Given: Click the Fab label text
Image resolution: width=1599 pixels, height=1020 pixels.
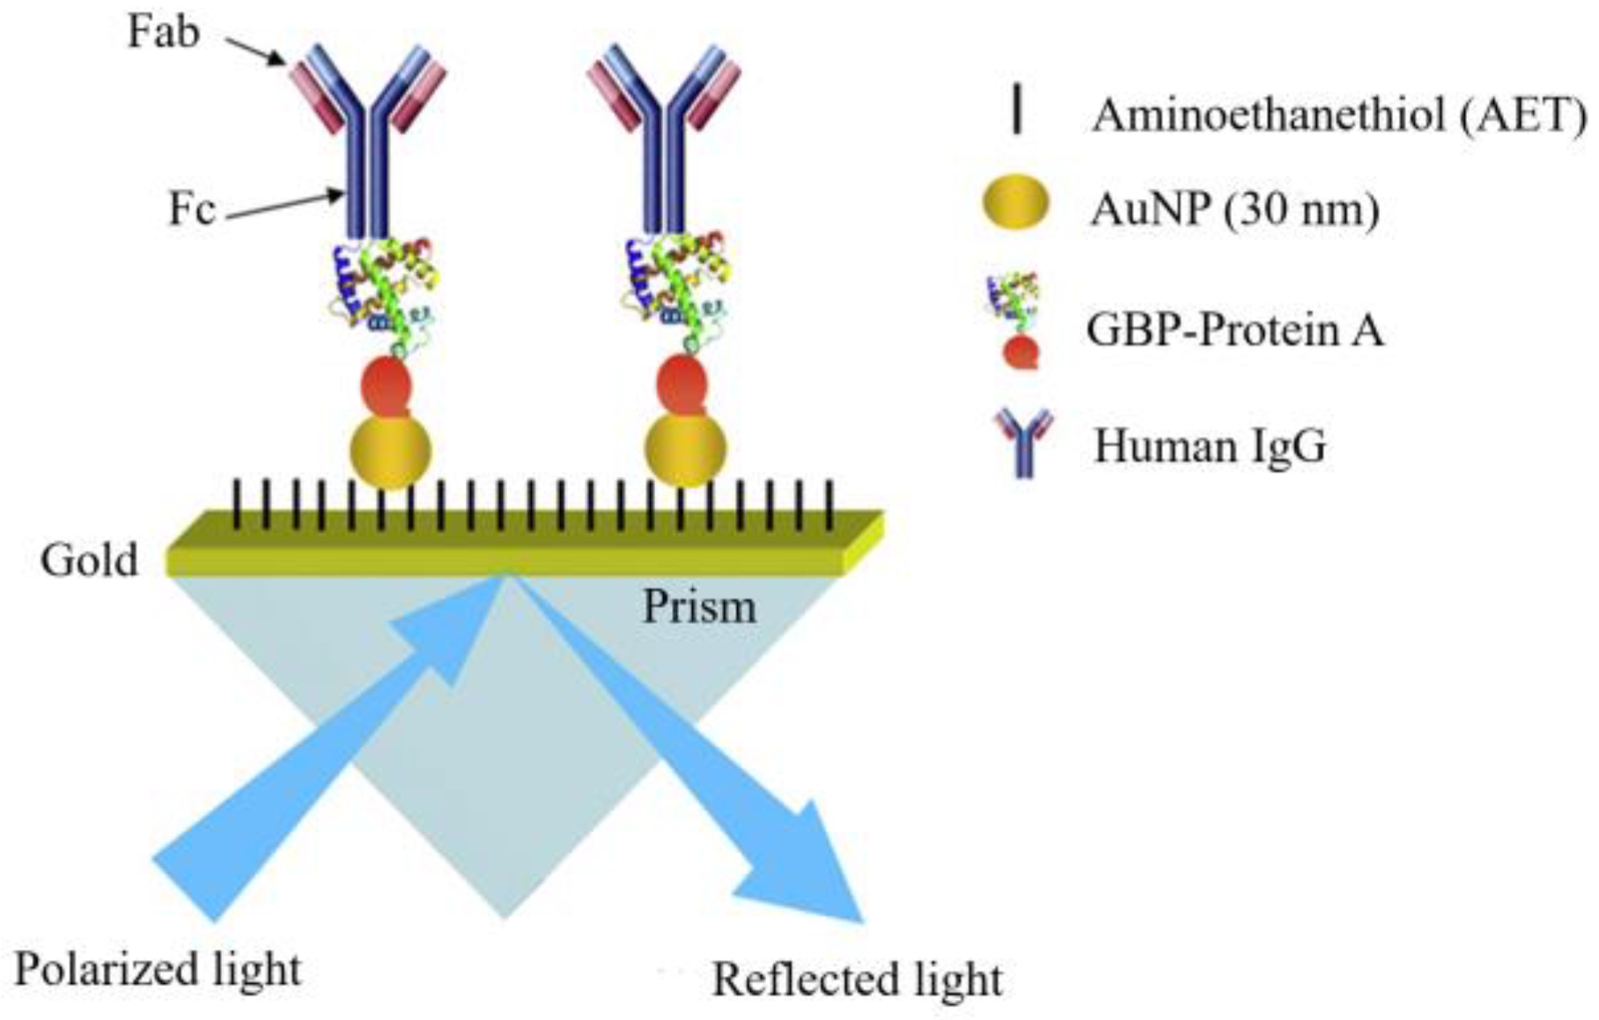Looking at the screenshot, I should tap(164, 33).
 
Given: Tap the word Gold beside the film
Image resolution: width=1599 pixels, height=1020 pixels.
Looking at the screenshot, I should tap(90, 560).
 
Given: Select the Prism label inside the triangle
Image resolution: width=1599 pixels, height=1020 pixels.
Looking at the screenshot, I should tap(699, 606).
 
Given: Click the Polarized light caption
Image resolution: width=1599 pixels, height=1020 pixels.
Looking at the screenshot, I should tap(158, 970).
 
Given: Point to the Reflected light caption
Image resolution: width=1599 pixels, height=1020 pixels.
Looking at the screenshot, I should tap(857, 980).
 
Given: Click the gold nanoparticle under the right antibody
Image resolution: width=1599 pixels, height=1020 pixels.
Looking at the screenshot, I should tap(685, 449).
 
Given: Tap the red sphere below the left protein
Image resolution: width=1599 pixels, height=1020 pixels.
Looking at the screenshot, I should tap(386, 387).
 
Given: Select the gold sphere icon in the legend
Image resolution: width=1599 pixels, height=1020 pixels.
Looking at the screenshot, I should tap(1016, 204).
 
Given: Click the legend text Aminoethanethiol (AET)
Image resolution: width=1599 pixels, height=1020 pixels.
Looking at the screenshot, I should tap(1338, 115).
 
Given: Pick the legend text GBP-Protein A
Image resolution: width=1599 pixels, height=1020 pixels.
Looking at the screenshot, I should tap(1235, 331).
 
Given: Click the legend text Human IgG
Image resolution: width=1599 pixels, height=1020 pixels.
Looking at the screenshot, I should tap(1210, 446).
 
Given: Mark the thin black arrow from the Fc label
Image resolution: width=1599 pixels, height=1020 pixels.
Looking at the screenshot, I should tap(286, 204).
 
